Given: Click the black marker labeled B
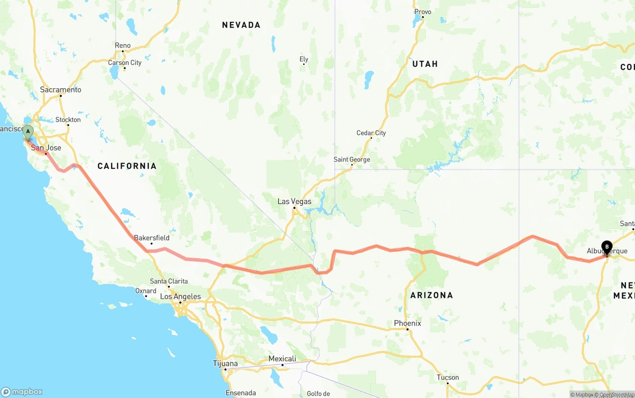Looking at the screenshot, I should coord(607,247).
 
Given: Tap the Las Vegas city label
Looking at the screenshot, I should coord(294,202).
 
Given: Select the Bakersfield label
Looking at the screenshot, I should coord(152,238).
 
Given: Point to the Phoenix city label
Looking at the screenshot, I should coord(407,323).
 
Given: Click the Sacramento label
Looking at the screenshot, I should coord(61,90).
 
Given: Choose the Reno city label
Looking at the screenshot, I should coord(123,46).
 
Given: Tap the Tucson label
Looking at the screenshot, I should coord(447,377).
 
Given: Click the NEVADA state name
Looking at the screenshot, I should coord(241,25).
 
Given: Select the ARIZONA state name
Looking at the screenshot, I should coord(431,295).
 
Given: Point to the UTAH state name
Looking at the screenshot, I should coord(425,64).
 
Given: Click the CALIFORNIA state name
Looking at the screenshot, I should coord(127,166).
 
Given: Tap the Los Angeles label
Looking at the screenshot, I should coord(180,297).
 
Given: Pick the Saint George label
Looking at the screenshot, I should coord(351,160).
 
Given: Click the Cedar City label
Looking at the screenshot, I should coord(371,133).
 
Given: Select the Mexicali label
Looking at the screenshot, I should coord(282,359).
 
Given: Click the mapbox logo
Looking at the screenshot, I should coord(22,392).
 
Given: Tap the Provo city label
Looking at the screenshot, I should coord(423,12).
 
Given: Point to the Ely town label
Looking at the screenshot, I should coord(304,59).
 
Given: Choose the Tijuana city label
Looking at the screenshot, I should coord(225,363).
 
